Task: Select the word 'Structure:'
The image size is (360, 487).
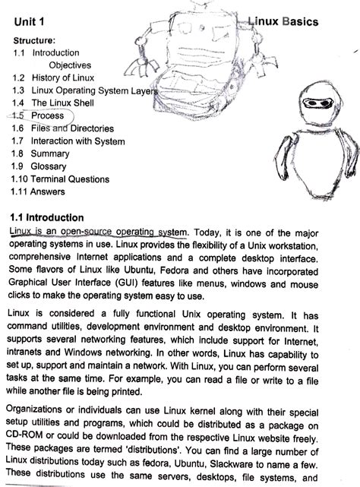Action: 33,40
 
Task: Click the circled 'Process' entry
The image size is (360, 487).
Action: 47,115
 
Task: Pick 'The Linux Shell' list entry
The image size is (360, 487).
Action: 62,103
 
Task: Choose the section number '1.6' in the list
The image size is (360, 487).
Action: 18,128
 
